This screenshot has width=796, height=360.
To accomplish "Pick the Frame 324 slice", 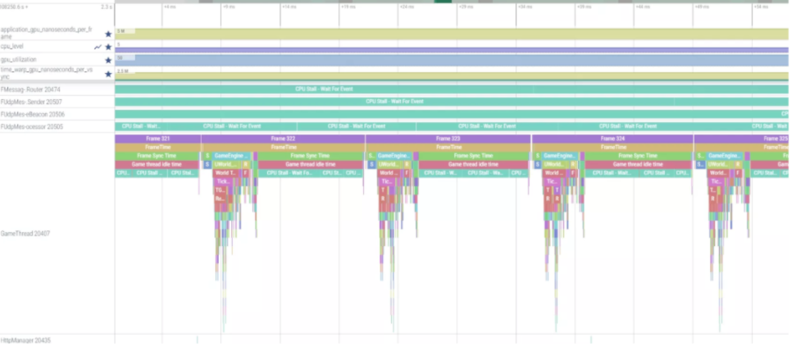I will coord(613,139).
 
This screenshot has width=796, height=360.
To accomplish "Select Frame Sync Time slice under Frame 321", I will coord(157,155).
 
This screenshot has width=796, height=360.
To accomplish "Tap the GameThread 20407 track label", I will coord(25,234).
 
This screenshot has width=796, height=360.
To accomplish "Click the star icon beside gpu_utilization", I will coord(108,60).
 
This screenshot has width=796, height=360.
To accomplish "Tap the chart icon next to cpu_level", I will coord(98,47).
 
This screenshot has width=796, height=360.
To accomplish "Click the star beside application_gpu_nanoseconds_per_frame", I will coord(108,34).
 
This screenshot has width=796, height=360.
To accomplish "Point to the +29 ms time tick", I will coord(465,7).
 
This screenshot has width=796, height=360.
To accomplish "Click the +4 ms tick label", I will coord(169,7).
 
